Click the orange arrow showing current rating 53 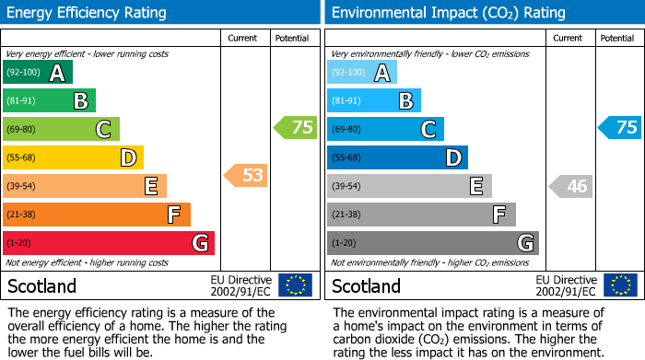click(x=246, y=175)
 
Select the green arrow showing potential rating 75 click(x=296, y=128)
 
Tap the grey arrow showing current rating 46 click(x=570, y=186)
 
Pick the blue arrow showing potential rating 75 click(x=619, y=128)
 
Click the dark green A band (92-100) click(x=38, y=73)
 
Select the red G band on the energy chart click(x=109, y=243)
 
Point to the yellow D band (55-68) click(x=73, y=157)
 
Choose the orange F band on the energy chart click(x=97, y=215)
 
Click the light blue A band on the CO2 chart click(x=362, y=73)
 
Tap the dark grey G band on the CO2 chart click(x=433, y=243)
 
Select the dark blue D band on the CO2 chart click(x=397, y=157)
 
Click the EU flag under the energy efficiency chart click(x=295, y=285)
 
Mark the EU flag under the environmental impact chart click(x=620, y=285)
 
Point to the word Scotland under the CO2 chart click(x=367, y=286)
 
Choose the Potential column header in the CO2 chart click(x=617, y=39)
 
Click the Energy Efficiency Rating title click(x=88, y=13)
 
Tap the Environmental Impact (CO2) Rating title click(x=448, y=13)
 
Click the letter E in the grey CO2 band click(x=476, y=186)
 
